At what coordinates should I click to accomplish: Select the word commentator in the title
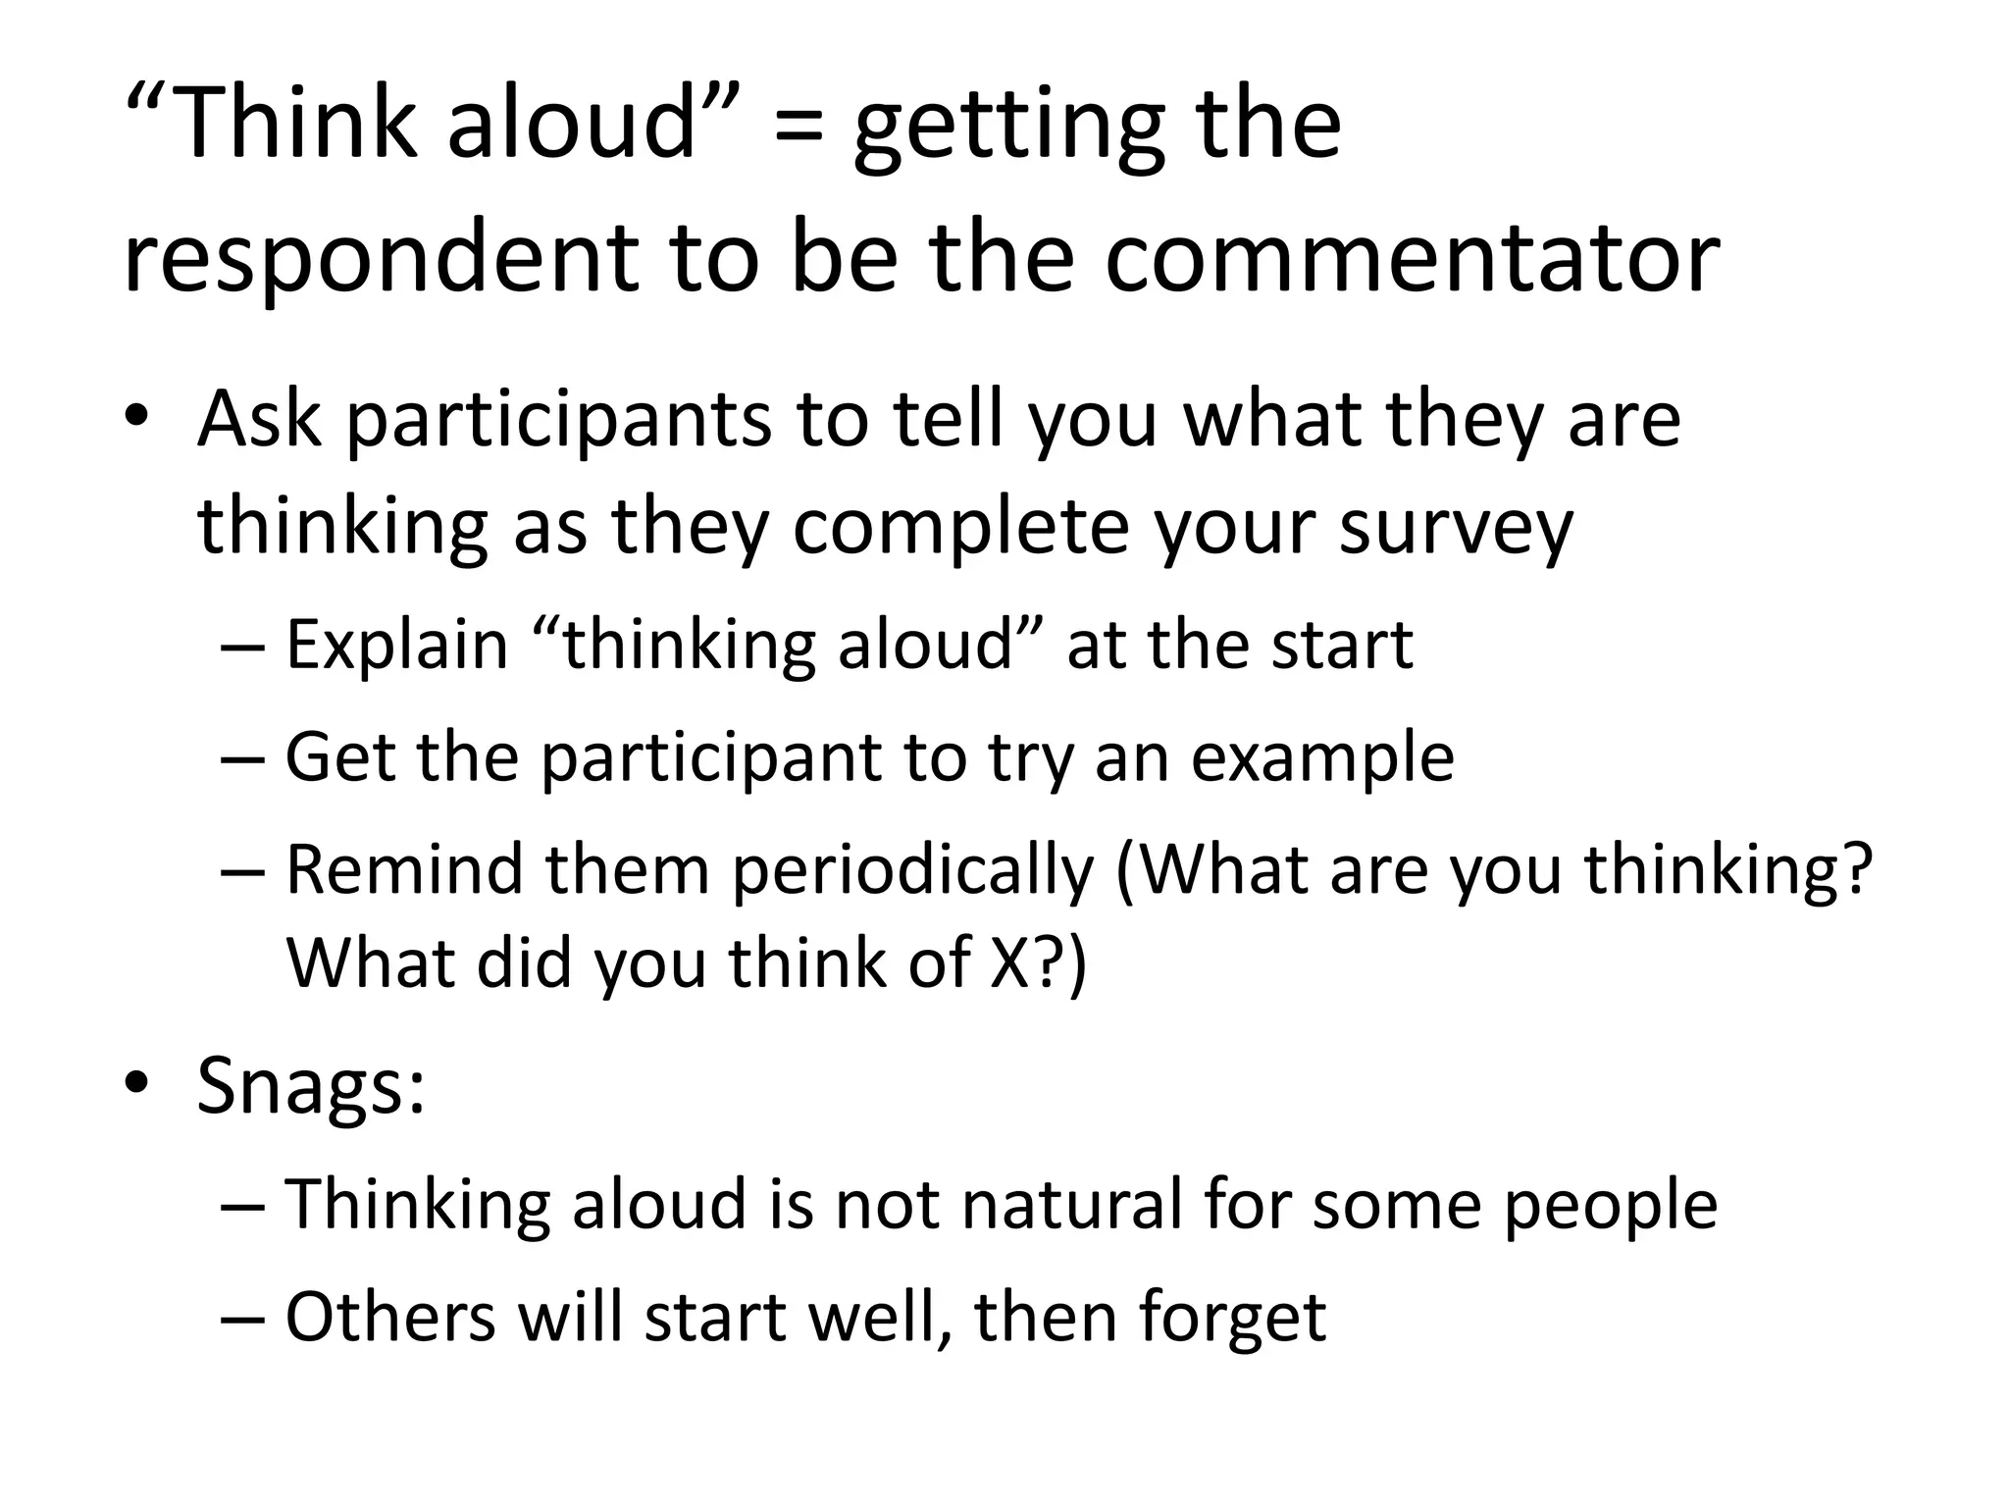1412,258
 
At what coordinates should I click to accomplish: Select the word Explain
397,647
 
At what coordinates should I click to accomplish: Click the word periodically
912,872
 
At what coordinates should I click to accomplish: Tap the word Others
390,1317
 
